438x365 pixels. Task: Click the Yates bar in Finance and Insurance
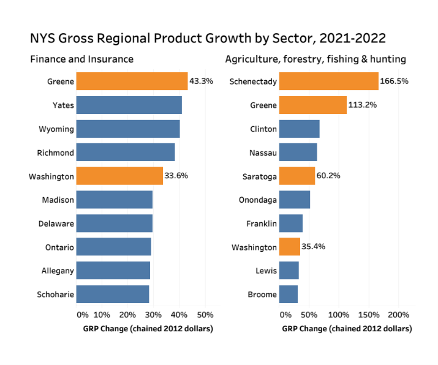[129, 105]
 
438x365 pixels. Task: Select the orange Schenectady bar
[329, 81]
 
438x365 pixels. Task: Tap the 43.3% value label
[202, 81]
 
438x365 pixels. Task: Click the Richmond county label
[55, 152]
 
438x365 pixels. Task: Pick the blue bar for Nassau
[298, 152]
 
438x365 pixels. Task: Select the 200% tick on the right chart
[398, 315]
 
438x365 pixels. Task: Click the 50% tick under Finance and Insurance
[205, 315]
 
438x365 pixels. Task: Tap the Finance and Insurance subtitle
[81, 59]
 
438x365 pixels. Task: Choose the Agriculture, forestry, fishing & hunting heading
[315, 59]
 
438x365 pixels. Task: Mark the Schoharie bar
[113, 295]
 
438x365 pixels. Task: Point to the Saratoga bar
[297, 176]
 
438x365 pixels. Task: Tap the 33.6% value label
[176, 176]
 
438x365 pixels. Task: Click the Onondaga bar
[295, 200]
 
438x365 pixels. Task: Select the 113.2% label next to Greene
[362, 105]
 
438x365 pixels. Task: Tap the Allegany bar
[113, 271]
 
